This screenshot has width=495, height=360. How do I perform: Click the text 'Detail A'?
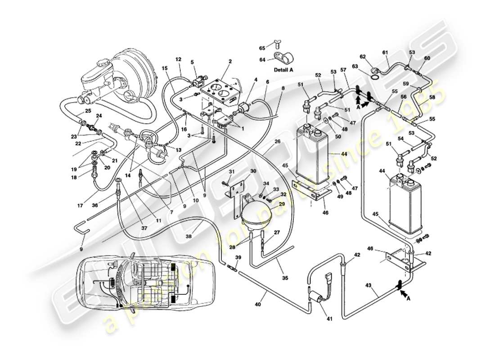click(283, 70)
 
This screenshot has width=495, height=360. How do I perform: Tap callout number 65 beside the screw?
click(262, 48)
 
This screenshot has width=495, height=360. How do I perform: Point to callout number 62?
click(363, 57)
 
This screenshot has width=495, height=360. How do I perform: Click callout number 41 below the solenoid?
click(329, 319)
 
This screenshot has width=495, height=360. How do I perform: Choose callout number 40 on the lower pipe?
click(257, 305)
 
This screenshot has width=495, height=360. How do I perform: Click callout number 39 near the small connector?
click(238, 257)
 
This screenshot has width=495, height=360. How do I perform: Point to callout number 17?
click(80, 206)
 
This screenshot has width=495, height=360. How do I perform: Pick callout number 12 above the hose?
click(178, 59)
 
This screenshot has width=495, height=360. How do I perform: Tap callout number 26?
click(277, 142)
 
